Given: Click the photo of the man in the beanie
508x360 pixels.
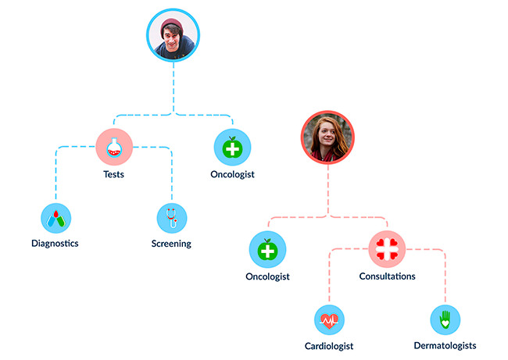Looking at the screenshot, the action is (173, 35).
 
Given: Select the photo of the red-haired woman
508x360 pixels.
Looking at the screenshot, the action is (328, 137).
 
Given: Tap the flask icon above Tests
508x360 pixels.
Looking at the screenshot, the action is (114, 147).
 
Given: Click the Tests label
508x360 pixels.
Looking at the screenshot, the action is (114, 174).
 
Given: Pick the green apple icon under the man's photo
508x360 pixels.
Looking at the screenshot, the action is (233, 148).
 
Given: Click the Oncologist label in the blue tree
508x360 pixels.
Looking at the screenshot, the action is (233, 174).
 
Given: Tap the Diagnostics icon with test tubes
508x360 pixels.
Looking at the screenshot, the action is (56, 218).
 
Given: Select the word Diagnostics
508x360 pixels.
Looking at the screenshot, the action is (55, 244).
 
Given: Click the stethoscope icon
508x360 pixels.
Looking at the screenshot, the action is (172, 218).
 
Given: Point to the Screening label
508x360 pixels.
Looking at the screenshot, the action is (171, 244).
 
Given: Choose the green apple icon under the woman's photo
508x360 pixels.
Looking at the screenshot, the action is (267, 249).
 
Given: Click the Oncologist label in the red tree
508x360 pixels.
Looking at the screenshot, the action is (267, 276).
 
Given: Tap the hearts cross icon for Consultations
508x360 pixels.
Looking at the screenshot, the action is (387, 249).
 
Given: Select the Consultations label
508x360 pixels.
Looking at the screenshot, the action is (387, 276).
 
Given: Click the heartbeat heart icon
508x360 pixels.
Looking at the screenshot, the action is (330, 320).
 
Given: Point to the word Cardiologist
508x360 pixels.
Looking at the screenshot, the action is (329, 346).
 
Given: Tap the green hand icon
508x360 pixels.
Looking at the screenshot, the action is (445, 319).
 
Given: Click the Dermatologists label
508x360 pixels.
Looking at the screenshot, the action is (445, 346).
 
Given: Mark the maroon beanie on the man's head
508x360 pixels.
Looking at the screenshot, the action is (173, 25).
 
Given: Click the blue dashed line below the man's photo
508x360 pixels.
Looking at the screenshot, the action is (174, 87).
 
